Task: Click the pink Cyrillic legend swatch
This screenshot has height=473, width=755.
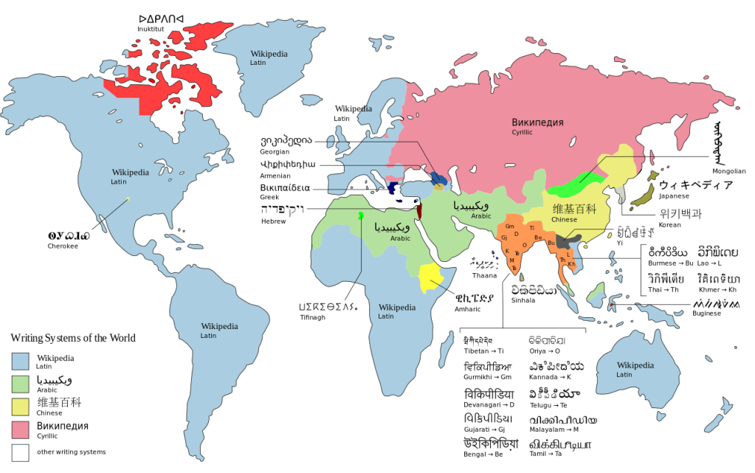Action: [x=20, y=428]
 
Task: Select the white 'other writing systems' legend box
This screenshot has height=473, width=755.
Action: [x=20, y=452]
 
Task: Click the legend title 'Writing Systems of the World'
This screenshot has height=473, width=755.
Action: [x=72, y=338]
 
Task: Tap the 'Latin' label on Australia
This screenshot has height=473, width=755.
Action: [x=624, y=375]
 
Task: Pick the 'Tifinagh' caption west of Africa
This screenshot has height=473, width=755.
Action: [x=308, y=318]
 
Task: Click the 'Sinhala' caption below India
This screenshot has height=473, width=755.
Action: [x=522, y=300]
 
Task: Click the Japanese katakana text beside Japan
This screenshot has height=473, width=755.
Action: [x=696, y=184]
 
